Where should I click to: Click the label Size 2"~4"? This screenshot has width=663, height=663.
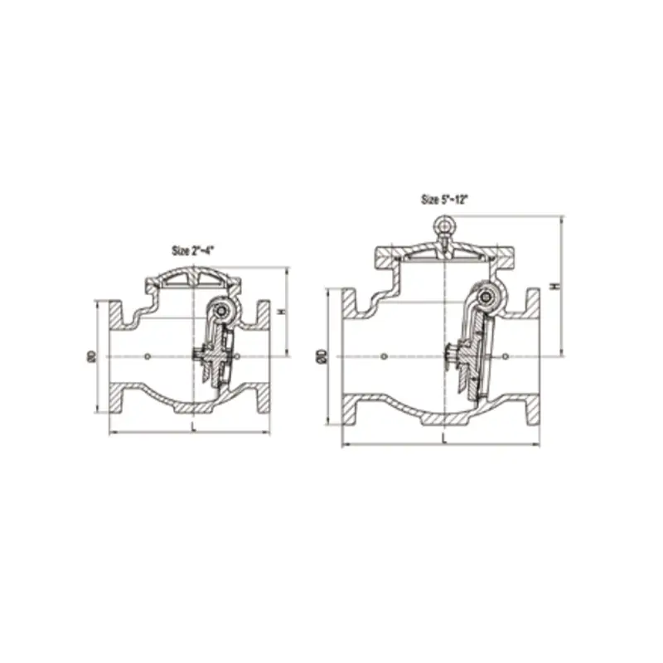pyautogui.click(x=193, y=251)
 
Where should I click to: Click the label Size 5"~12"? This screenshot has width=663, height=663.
pyautogui.click(x=445, y=200)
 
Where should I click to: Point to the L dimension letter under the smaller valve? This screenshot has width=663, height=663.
pyautogui.click(x=193, y=426)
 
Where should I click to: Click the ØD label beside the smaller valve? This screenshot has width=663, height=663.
pyautogui.click(x=93, y=356)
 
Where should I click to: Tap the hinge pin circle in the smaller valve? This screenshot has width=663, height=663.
pyautogui.click(x=220, y=312)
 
